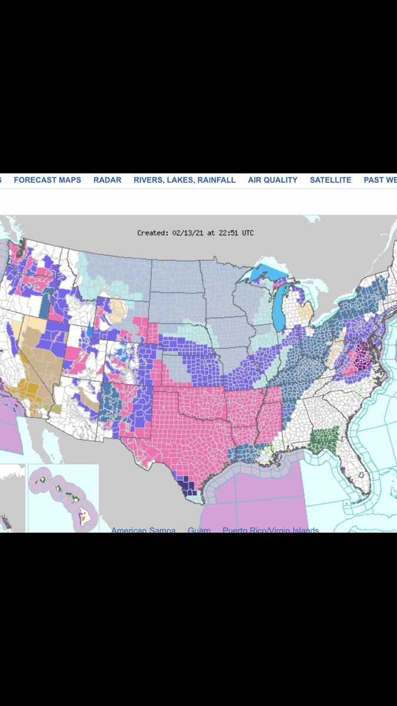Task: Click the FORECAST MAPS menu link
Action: point(47,180)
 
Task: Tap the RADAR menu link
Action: point(107,180)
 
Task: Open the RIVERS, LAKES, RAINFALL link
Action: point(184,180)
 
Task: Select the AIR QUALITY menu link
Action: point(272,180)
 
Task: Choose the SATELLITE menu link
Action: point(331,180)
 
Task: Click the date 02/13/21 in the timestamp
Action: point(187,233)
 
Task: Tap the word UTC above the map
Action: point(247,233)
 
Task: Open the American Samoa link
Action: point(143,531)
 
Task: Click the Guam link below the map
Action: point(199,531)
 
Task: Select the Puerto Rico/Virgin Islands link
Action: point(271,531)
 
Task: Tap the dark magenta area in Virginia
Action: point(361,354)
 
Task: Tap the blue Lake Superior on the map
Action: point(268,273)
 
